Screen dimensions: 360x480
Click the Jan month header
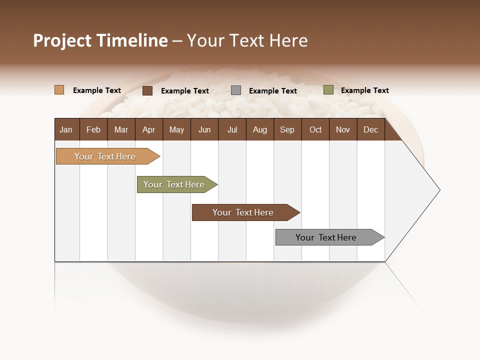tap(66, 129)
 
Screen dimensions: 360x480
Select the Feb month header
tap(93, 129)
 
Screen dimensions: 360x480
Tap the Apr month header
tap(148, 129)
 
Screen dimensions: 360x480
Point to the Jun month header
tap(204, 129)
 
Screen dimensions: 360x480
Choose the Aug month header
tap(259, 129)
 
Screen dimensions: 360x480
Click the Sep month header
tap(287, 129)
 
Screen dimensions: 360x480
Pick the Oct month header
tap(315, 129)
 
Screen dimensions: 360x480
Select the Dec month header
tap(370, 129)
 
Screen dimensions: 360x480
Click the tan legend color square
tap(59, 90)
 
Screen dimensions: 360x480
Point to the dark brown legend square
tap(147, 90)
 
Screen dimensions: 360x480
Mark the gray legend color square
tap(236, 90)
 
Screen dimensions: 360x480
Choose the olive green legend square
tap(328, 90)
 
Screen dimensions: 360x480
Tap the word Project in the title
tap(62, 40)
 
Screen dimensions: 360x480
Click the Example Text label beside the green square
tap(364, 90)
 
